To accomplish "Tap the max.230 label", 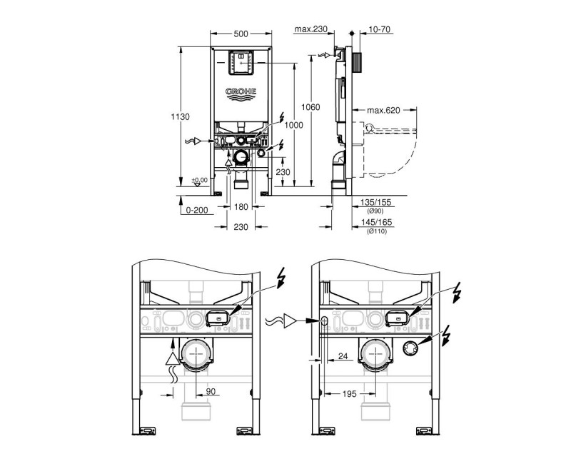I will tap(310, 29).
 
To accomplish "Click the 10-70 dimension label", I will tap(380, 29).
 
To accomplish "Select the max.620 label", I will tap(384, 111).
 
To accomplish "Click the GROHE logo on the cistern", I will tap(242, 93).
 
